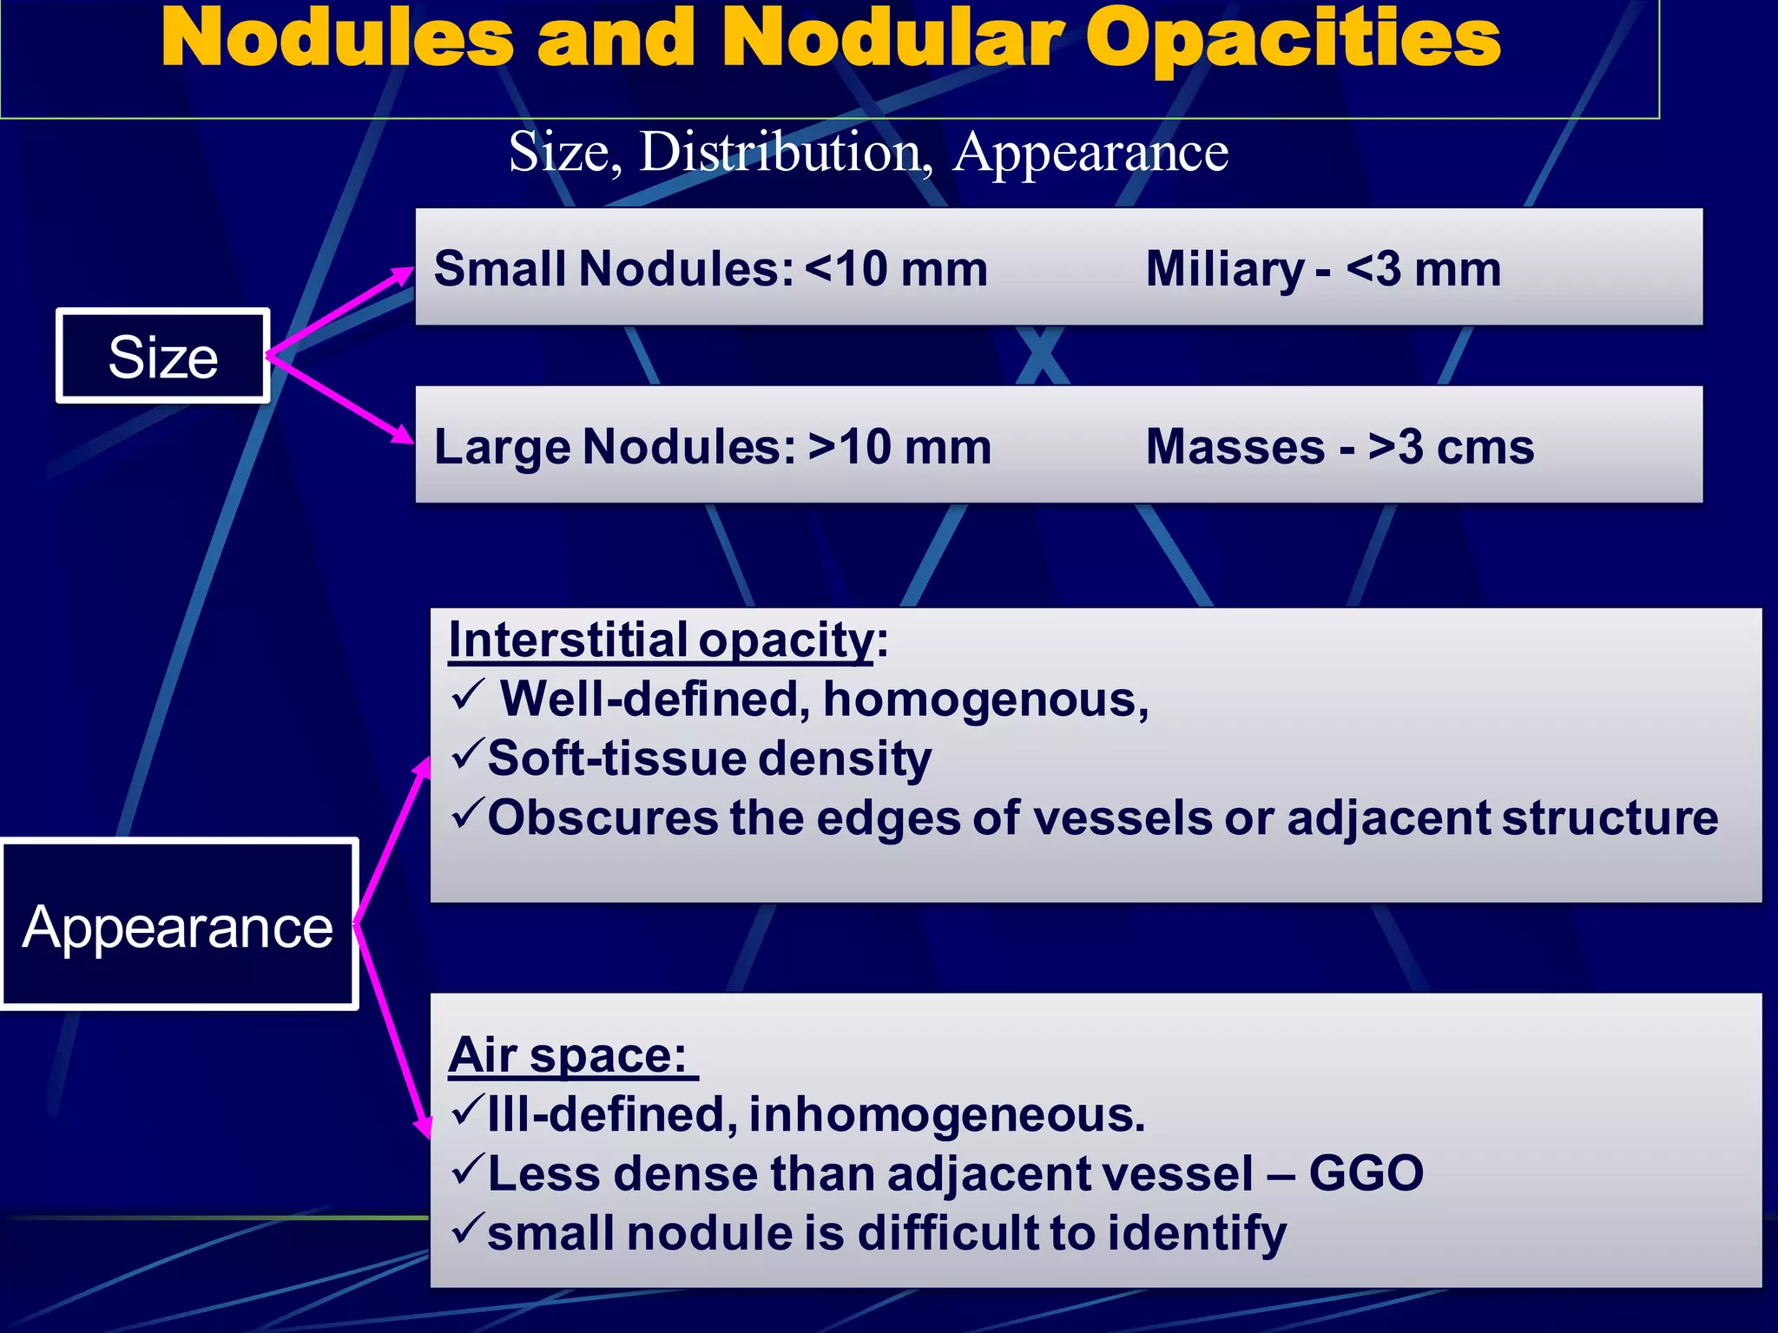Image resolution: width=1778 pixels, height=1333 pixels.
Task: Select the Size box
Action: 163,356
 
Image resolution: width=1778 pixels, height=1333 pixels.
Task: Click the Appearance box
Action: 178,925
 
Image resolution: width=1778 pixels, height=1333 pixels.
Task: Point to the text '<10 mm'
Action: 896,269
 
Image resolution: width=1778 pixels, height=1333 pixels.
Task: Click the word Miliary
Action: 1224,269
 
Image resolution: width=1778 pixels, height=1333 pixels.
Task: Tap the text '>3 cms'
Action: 1451,447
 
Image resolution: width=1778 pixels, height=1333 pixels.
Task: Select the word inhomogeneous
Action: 946,1114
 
